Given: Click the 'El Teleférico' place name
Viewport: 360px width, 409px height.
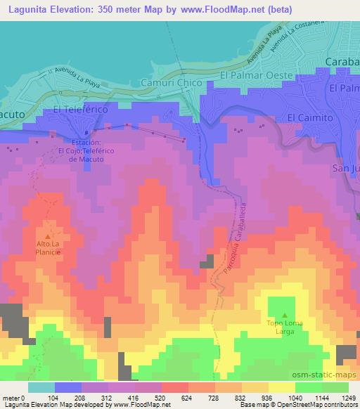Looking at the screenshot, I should point(79,110).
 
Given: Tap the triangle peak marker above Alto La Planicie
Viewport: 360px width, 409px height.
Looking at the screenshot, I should point(48,235).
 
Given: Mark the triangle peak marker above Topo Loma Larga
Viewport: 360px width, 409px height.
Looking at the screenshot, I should point(284,316).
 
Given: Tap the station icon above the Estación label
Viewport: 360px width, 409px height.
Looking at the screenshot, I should point(86,131).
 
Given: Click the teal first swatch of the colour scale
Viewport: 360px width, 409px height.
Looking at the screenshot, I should point(41,387).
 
